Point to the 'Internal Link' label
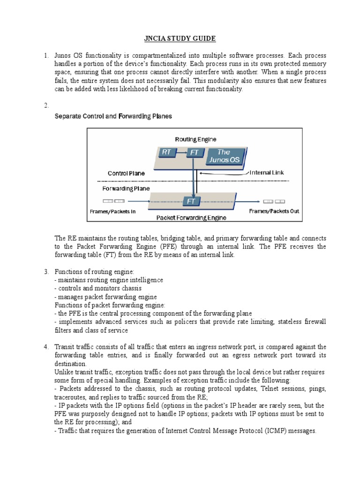coord(267,172)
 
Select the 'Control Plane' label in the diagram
coord(126,173)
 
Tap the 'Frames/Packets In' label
coord(112,211)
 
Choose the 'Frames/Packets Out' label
coord(274,211)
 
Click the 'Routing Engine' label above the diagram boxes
coord(195,139)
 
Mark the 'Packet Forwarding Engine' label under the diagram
coord(191,217)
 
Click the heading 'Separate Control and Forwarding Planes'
coord(113,116)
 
